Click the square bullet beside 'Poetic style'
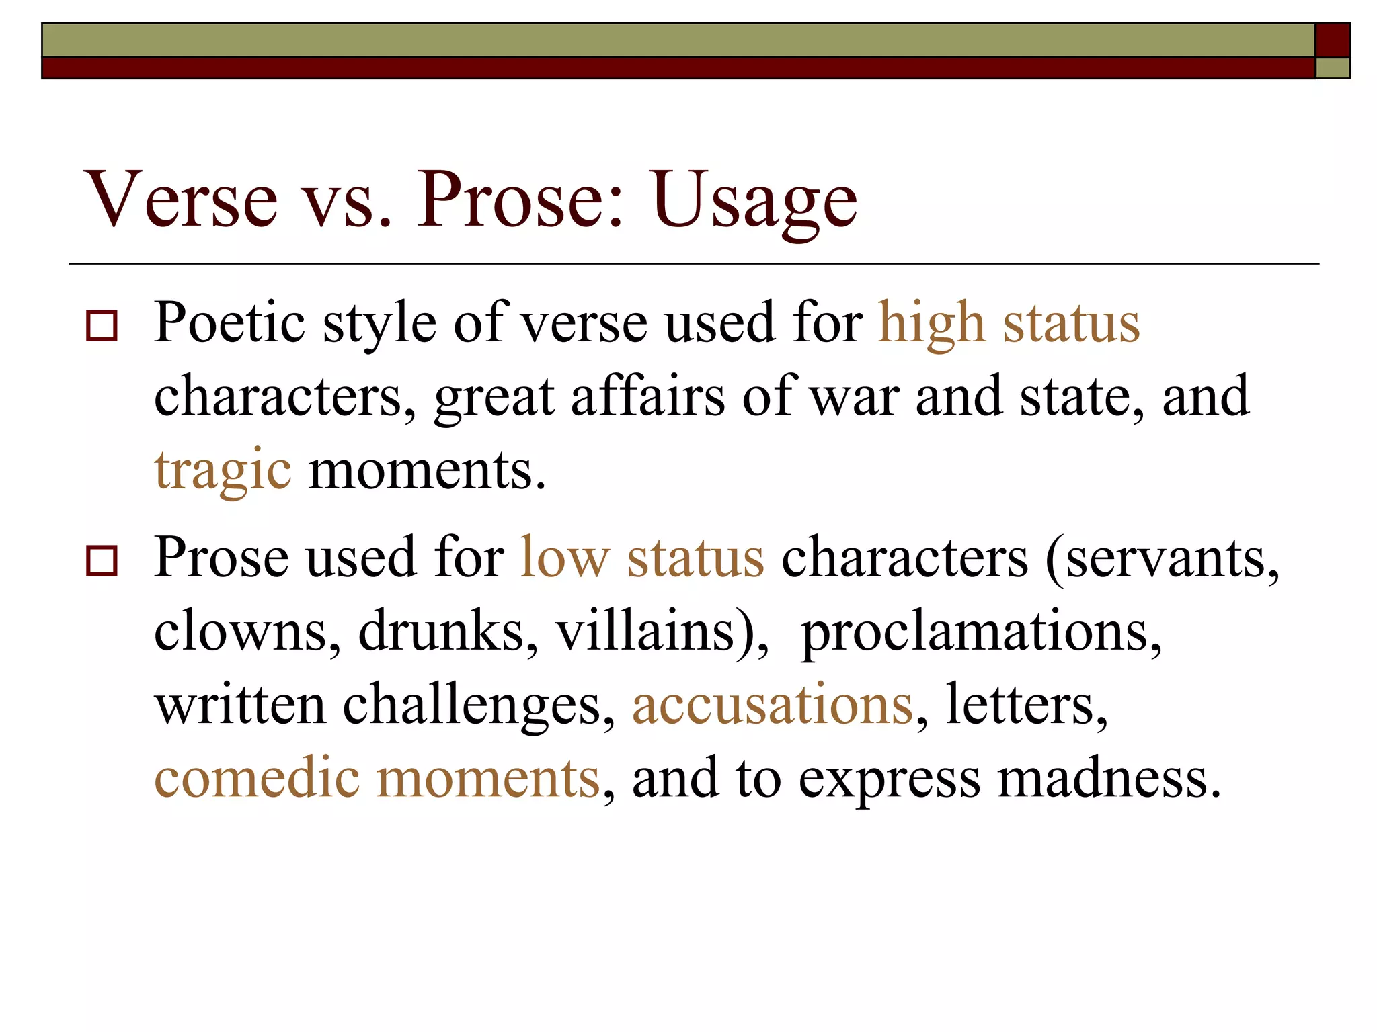(x=102, y=327)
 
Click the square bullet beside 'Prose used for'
(x=102, y=560)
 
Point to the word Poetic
(x=229, y=324)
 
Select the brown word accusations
(x=773, y=704)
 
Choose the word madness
(x=1109, y=778)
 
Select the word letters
(x=1026, y=704)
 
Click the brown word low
(x=565, y=558)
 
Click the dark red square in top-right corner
(x=1332, y=40)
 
